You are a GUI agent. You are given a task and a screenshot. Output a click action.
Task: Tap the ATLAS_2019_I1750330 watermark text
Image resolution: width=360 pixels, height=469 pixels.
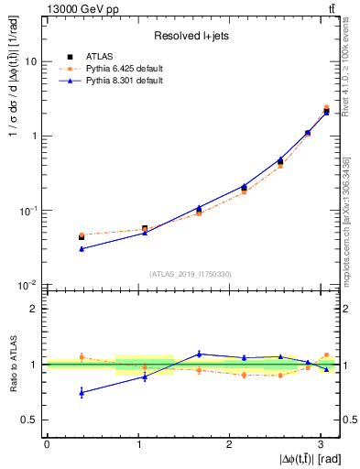coord(191,273)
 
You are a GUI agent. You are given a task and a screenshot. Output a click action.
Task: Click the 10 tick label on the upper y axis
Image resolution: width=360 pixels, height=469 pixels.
coord(31,61)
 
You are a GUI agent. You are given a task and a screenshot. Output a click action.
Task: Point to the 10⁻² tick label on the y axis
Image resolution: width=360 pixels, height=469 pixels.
coord(28,285)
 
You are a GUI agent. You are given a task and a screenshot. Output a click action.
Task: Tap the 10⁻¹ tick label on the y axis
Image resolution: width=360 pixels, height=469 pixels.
coord(28,211)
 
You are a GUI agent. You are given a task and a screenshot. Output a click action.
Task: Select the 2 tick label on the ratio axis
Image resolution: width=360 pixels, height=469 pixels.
coord(35,309)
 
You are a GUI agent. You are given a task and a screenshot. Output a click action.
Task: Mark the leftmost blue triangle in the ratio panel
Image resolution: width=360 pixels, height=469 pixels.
coord(82,392)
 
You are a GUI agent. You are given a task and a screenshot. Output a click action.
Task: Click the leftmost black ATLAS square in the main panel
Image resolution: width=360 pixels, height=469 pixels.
coord(82,237)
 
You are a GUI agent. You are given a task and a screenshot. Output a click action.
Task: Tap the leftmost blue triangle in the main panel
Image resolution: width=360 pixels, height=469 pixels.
coord(82,248)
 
